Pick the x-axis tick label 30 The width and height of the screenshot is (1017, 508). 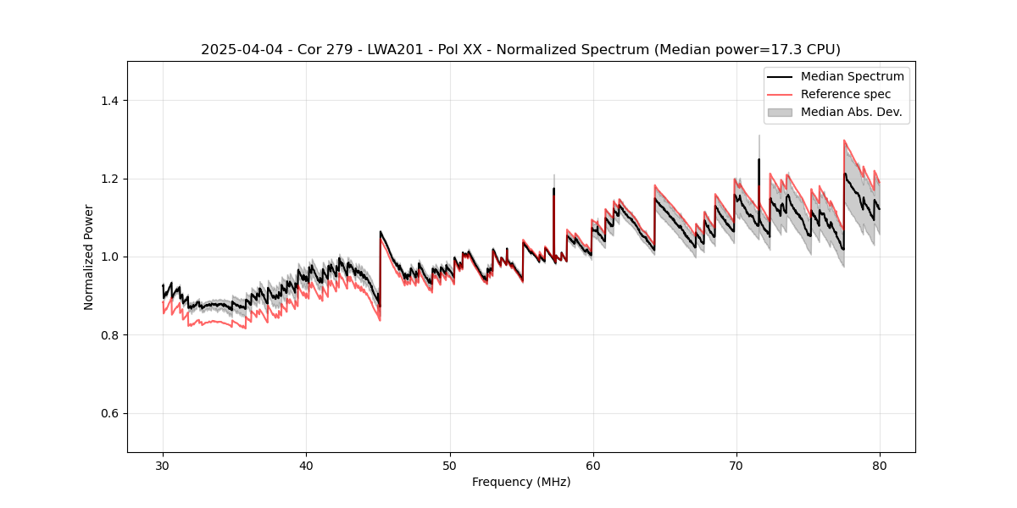pyautogui.click(x=163, y=466)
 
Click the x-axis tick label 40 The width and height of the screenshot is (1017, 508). pyautogui.click(x=306, y=466)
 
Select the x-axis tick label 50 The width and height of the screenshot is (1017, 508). pyautogui.click(x=449, y=466)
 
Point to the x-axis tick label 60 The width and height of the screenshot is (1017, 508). pyautogui.click(x=592, y=466)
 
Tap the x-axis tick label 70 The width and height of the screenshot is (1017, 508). pyautogui.click(x=736, y=466)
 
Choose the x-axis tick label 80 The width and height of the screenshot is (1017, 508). pyautogui.click(x=879, y=466)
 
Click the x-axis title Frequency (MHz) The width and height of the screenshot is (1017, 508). pyautogui.click(x=521, y=482)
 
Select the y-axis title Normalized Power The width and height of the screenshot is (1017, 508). pyautogui.click(x=89, y=257)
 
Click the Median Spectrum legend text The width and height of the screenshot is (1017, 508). pyautogui.click(x=852, y=76)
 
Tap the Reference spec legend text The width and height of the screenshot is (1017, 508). pyautogui.click(x=846, y=94)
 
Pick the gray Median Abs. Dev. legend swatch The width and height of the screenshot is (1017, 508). pyautogui.click(x=780, y=112)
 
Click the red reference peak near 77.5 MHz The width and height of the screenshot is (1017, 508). pyautogui.click(x=844, y=141)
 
